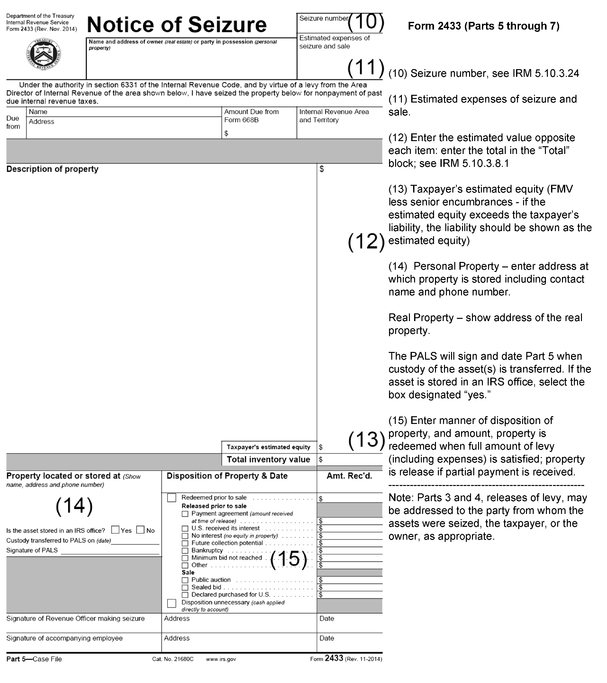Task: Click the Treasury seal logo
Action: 43,54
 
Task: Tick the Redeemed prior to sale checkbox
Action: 171,498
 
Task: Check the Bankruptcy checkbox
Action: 185,551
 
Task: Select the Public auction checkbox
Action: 185,580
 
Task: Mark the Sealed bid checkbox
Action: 185,588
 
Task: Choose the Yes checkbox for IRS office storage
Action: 115,530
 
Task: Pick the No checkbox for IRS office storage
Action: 140,530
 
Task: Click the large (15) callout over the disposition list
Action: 288,559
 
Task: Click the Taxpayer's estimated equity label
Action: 268,447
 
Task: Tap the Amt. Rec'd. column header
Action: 349,476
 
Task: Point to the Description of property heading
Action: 52,169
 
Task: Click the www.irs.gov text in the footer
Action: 221,659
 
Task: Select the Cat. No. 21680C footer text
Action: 173,659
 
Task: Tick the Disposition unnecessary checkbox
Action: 171,603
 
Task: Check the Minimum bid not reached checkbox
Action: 185,558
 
